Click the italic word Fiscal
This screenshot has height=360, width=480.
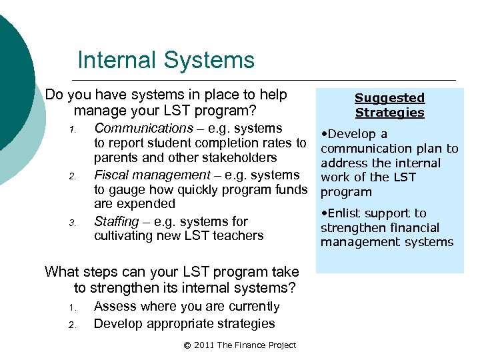coord(111,175)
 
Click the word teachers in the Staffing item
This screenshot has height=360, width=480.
coord(239,236)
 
